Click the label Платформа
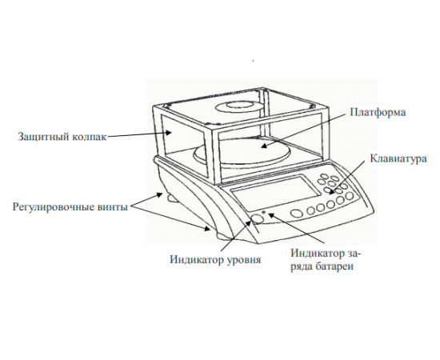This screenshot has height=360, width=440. click(378, 113)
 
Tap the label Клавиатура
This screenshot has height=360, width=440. click(398, 158)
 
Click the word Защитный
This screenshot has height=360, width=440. click(43, 137)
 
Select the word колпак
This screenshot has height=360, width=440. click(90, 137)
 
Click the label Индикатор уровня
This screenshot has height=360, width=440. click(215, 259)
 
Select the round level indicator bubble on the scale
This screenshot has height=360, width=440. click(257, 219)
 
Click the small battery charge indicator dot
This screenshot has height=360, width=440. click(263, 212)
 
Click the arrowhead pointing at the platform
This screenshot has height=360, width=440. click(263, 146)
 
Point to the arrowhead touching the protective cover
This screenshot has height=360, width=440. click(169, 133)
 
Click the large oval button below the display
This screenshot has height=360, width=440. click(297, 214)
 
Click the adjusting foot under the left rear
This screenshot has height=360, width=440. click(172, 199)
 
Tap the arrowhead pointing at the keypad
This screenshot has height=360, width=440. click(332, 192)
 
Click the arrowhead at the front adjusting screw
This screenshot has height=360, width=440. click(207, 229)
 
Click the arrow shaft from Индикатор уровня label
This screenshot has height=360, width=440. click(236, 235)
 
